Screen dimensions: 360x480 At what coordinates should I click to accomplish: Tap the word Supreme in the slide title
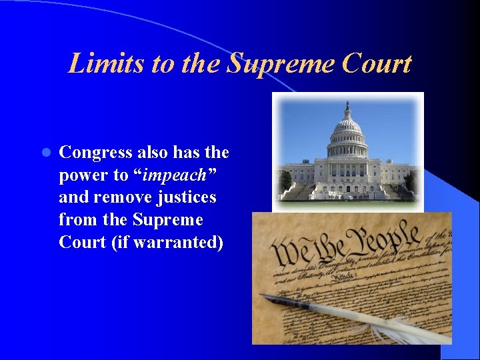point(280,64)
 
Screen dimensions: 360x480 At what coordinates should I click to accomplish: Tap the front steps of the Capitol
point(347,192)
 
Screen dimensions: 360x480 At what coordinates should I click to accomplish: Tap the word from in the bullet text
point(76,219)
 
